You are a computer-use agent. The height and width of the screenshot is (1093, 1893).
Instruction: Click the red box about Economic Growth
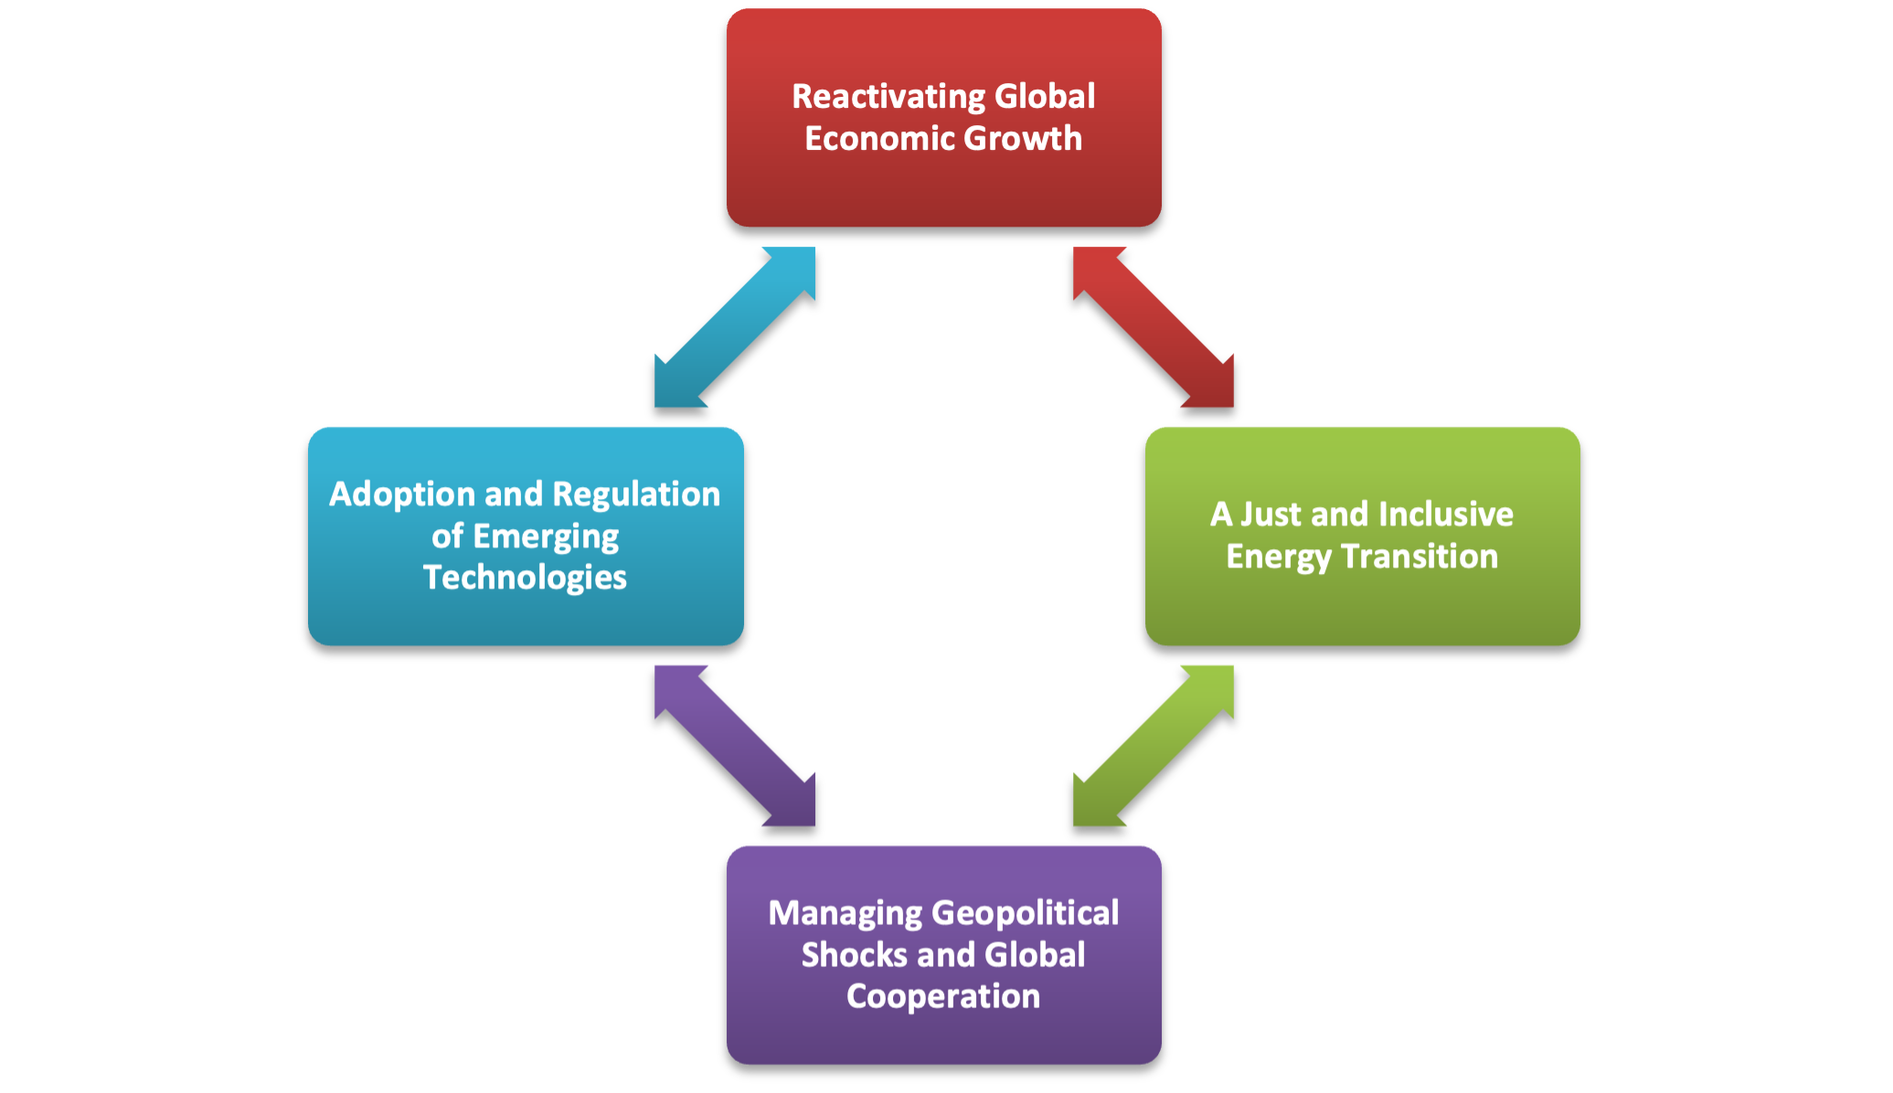[943, 118]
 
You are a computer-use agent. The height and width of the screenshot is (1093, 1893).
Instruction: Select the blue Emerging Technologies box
[526, 536]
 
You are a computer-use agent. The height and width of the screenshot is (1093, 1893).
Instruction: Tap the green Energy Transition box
[1362, 536]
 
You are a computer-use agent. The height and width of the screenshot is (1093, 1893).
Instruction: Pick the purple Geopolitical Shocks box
[943, 955]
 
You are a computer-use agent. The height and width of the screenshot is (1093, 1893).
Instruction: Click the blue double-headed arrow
[735, 327]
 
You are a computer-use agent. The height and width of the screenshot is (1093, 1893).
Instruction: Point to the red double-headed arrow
[1154, 327]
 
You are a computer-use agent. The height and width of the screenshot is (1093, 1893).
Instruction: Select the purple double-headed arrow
[735, 746]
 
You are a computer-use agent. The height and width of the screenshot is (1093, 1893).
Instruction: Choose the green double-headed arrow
[1154, 746]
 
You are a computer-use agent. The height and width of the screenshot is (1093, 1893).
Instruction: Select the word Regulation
[636, 495]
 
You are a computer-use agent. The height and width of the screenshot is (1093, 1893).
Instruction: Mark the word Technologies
[525, 578]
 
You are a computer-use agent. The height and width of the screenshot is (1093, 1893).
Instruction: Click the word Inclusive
[1445, 515]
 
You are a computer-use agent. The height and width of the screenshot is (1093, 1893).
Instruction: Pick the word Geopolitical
[1026, 914]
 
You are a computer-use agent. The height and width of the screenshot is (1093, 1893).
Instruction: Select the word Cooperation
[943, 997]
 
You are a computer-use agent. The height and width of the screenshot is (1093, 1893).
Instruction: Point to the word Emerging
[546, 537]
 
